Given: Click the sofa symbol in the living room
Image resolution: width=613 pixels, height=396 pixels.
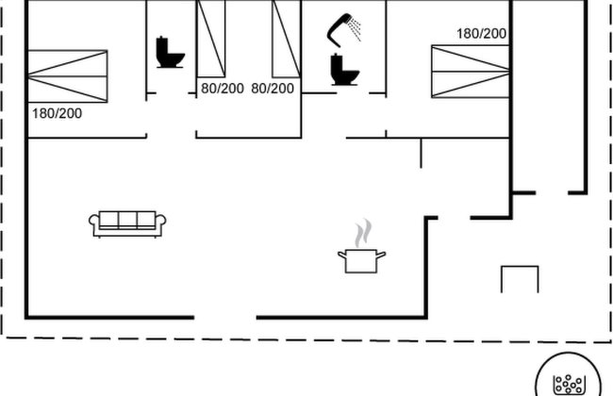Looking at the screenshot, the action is click(x=127, y=224).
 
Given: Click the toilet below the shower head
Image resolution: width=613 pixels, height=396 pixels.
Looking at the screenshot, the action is click(x=344, y=70).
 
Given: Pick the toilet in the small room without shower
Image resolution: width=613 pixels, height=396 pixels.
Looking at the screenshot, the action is click(x=170, y=53).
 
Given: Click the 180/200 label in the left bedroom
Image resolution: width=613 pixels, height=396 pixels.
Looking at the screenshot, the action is click(x=58, y=114).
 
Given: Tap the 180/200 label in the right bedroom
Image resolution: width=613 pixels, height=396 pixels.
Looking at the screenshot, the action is click(x=482, y=34).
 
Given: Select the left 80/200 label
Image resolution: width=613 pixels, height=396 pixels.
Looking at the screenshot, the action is click(x=223, y=89).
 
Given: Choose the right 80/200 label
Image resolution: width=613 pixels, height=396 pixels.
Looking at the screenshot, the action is click(x=273, y=89).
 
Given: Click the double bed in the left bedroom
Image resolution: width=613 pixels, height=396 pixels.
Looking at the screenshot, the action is click(x=68, y=76).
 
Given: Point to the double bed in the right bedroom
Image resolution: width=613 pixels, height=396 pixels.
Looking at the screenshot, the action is click(x=471, y=71).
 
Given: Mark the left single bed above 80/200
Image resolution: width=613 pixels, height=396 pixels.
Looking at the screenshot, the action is click(x=211, y=39).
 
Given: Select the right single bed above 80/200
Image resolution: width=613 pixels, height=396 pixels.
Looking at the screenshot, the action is click(x=287, y=39).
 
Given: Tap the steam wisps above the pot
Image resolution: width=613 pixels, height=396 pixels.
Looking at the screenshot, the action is click(x=363, y=233).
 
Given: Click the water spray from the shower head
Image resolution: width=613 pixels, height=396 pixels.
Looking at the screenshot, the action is click(x=355, y=29).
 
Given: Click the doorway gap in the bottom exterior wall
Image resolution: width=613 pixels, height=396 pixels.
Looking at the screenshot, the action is click(x=225, y=318).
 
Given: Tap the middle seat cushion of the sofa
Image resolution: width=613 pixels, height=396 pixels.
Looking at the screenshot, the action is click(x=127, y=219).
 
